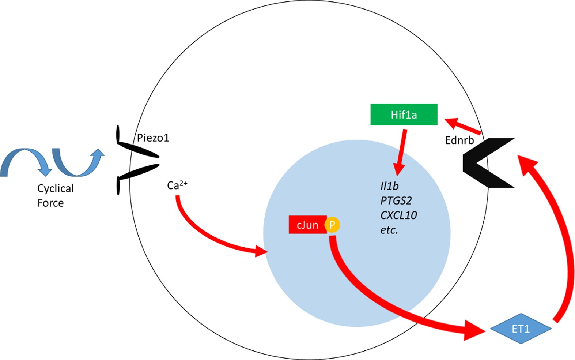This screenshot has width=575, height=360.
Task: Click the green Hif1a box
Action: pos(404,115)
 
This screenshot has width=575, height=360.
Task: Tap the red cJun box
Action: pos(307,225)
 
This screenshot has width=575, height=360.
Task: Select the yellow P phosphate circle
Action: pos(332,225)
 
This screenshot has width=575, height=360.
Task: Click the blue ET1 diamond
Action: pos(521,329)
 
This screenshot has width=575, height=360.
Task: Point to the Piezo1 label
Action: pos(153,138)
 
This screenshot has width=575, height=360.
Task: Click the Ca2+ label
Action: pos(177,185)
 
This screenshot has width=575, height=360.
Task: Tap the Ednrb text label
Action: pos(459,140)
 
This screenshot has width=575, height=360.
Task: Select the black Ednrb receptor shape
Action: pos(479,163)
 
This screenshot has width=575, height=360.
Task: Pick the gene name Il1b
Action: pos(389,186)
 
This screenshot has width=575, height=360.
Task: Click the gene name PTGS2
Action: pos(396,200)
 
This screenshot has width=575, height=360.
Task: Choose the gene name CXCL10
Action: pos(398,215)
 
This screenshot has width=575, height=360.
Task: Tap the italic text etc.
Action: pos(389,230)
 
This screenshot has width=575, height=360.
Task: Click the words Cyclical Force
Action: pos(55,195)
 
